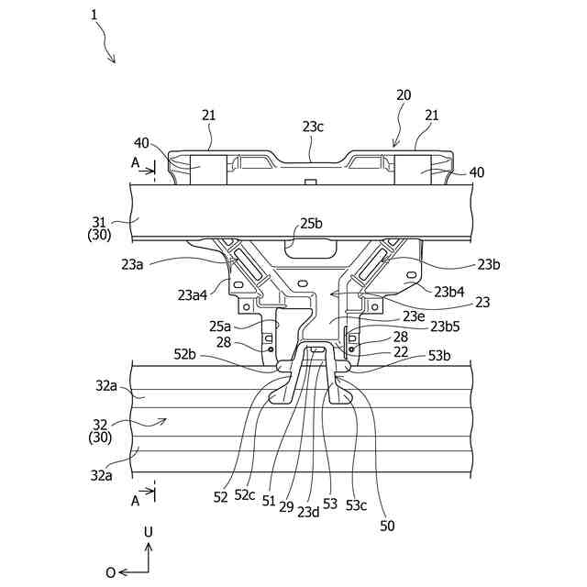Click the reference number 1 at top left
[x=94, y=14]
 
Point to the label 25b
[x=312, y=223]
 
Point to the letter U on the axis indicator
[x=148, y=531]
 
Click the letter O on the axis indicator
[x=111, y=572]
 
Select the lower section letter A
[x=136, y=500]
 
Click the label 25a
[x=219, y=326]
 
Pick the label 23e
[x=414, y=316]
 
